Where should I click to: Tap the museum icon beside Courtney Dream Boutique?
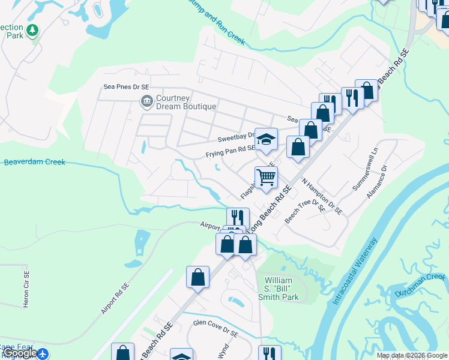146,101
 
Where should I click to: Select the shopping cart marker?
266,177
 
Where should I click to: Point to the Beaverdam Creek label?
34,162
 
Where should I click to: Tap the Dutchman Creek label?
420,284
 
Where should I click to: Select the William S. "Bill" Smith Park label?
282,289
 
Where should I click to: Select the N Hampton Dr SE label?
321,196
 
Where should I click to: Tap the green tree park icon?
32,29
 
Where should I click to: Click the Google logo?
19,353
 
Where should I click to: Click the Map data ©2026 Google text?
411,355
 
